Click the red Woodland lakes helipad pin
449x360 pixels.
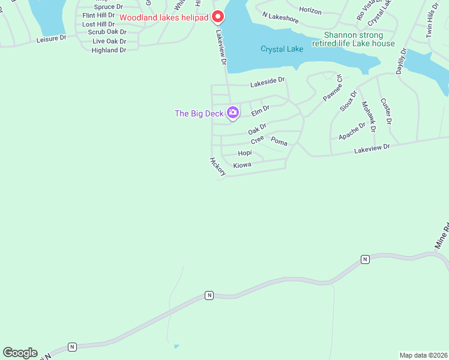point(219,16)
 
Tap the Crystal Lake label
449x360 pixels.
point(282,49)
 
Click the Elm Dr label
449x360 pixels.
point(261,110)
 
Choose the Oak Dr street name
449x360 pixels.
point(257,128)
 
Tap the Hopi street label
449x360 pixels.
point(245,153)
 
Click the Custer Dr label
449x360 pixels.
point(386,111)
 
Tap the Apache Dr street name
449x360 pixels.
point(352,131)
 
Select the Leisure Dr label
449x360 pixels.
point(51,38)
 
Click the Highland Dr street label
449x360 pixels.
point(109,50)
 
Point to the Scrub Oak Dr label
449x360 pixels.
point(107,32)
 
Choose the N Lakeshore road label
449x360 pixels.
point(280,19)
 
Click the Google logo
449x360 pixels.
point(20,353)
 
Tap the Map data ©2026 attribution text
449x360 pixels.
point(423,355)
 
